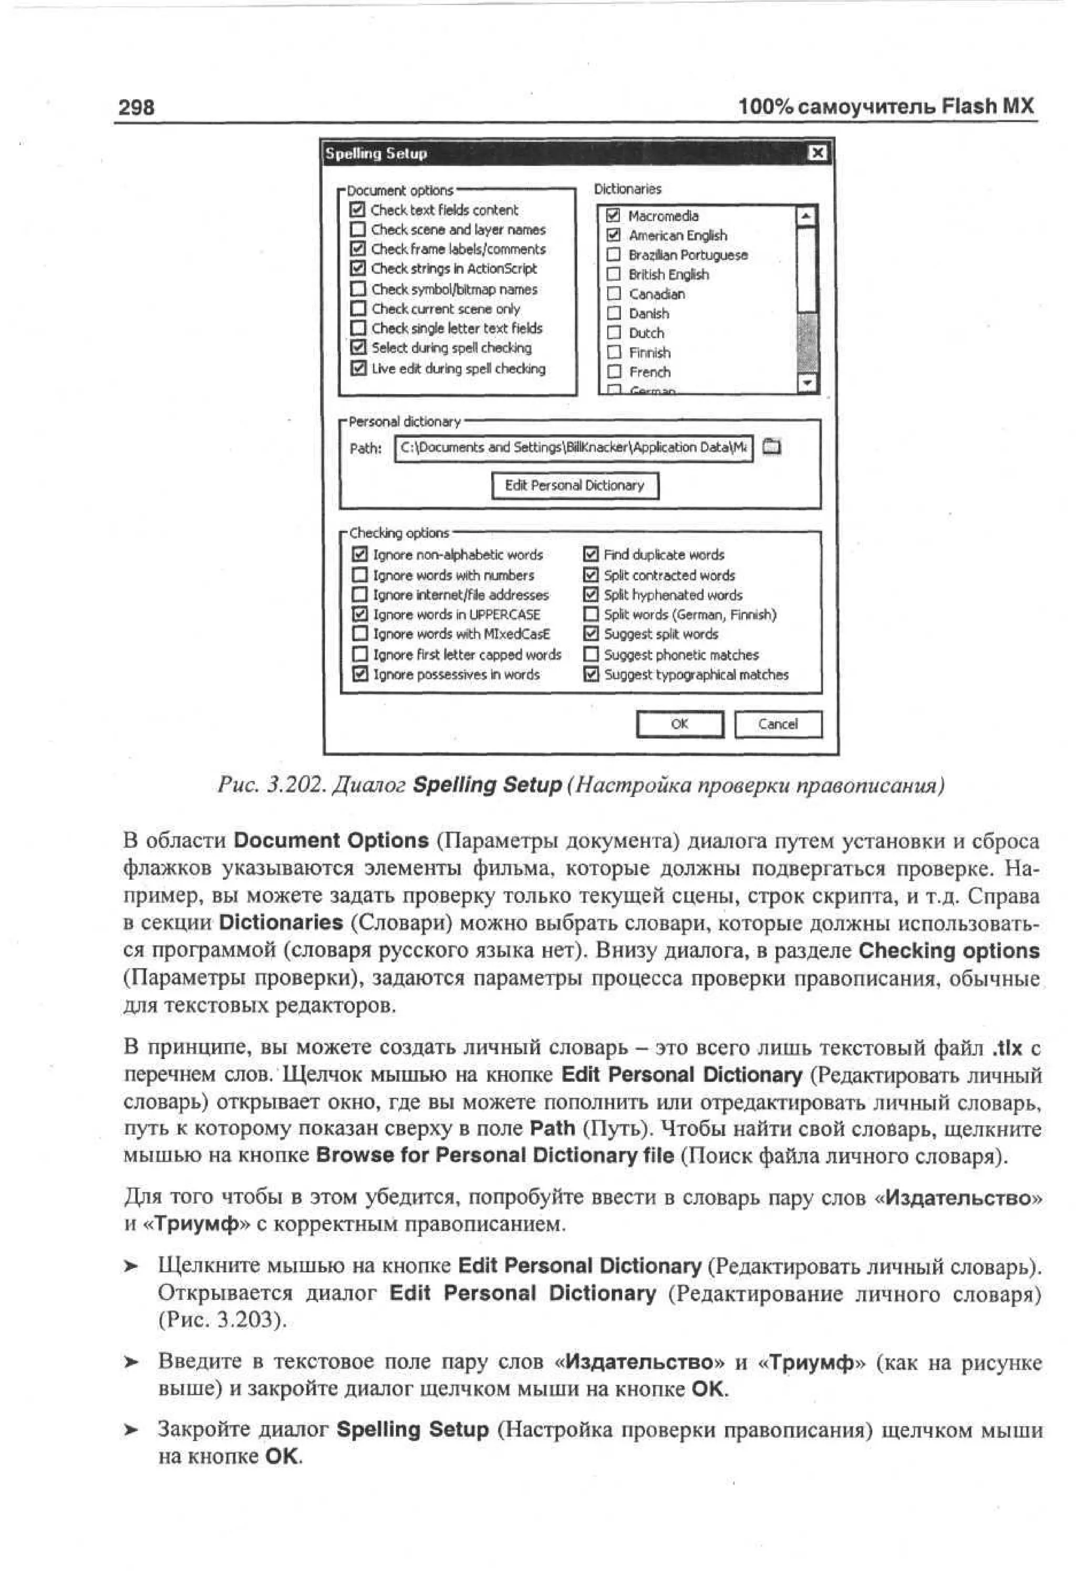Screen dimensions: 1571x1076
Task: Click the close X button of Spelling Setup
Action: coord(817,153)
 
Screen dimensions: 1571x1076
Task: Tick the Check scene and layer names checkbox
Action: coord(358,230)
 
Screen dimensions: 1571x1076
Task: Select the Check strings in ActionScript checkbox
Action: coord(358,268)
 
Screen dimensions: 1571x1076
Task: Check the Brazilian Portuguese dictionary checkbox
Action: coord(613,255)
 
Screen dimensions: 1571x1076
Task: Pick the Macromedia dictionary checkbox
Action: coord(613,215)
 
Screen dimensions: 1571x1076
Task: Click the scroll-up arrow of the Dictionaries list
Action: coord(806,217)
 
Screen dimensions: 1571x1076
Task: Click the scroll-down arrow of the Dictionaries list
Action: coord(806,383)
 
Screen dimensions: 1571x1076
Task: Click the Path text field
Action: coord(573,448)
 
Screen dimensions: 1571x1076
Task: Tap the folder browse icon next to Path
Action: coord(771,447)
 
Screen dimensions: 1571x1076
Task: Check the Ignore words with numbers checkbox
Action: coord(360,575)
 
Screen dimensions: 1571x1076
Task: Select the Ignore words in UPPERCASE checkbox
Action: coord(360,614)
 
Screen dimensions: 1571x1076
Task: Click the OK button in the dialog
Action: coord(680,724)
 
